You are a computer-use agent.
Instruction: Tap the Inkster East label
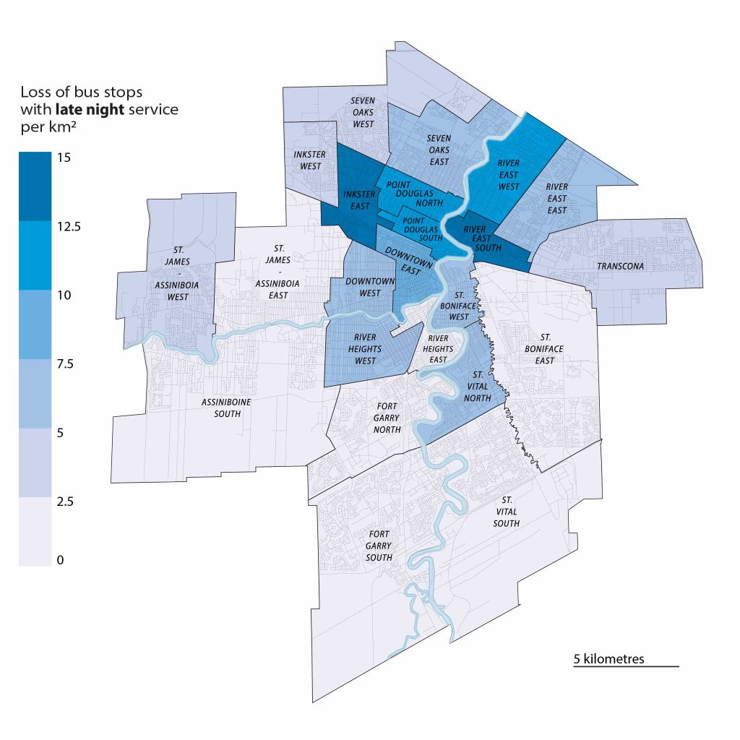tap(359, 199)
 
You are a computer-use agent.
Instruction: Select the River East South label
tap(478, 238)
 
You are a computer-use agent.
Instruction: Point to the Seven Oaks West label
tap(363, 112)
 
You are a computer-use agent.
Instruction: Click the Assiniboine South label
tap(221, 408)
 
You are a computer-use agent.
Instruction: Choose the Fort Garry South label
tap(379, 546)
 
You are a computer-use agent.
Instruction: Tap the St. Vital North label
tap(478, 387)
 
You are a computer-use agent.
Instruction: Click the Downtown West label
tap(370, 287)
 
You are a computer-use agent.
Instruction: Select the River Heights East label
tap(438, 349)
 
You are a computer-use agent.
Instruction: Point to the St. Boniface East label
tap(545, 349)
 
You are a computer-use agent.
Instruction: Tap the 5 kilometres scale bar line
tap(626, 666)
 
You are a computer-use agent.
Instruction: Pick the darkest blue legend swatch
tap(35, 186)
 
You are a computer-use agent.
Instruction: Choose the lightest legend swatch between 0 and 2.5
tap(35, 531)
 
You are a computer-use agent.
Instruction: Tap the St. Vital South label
tap(507, 511)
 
